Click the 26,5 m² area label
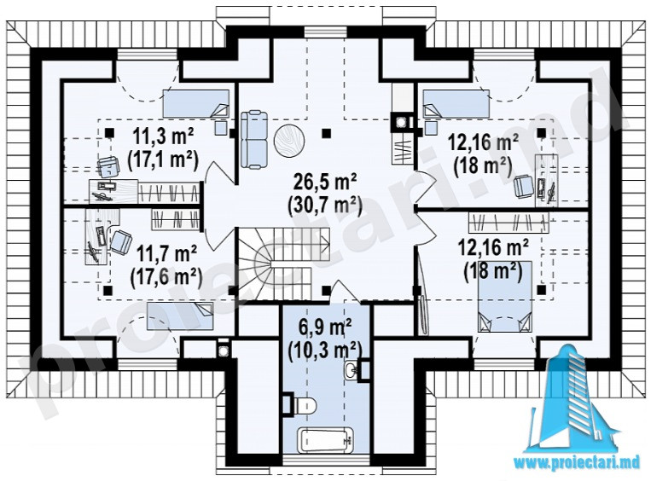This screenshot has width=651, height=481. click(325, 182)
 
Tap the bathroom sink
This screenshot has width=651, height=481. click(352, 368)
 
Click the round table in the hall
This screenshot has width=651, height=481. click(289, 141)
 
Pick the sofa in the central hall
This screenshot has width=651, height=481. click(254, 139)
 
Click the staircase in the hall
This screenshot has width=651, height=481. click(283, 264)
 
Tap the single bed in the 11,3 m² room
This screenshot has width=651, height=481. click(195, 103)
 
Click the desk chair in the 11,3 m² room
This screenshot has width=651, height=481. click(108, 167)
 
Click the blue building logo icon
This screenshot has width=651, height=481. click(577, 397)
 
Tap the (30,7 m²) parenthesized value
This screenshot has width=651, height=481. click(325, 204)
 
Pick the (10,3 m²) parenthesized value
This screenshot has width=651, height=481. click(324, 350)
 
